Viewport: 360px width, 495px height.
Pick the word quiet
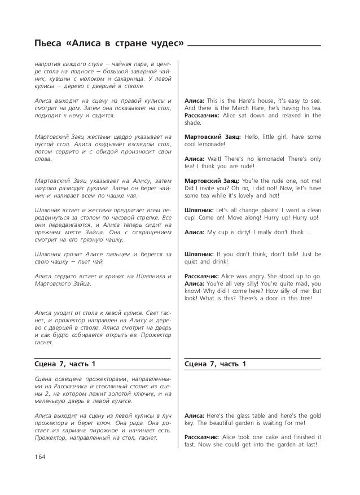193,261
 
